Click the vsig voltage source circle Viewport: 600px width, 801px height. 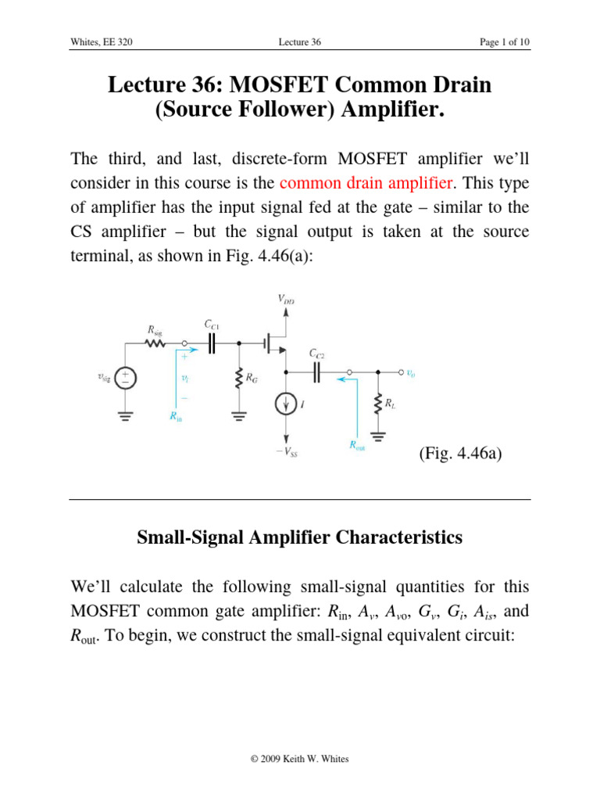click(x=126, y=378)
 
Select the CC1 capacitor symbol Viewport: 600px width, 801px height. click(x=210, y=343)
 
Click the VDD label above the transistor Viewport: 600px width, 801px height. click(x=286, y=299)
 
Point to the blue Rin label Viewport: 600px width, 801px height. click(x=177, y=417)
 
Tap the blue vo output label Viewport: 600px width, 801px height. click(x=411, y=373)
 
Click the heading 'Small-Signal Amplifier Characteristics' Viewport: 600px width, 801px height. click(x=299, y=537)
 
